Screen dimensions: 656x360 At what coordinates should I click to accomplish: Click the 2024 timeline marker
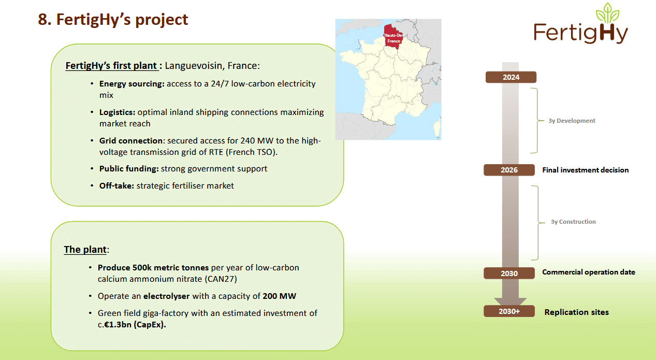(x=511, y=77)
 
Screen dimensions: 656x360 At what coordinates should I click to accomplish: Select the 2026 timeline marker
(x=509, y=170)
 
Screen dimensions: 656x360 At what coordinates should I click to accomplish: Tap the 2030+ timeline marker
(x=509, y=311)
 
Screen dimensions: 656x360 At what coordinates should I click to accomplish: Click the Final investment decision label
(x=586, y=170)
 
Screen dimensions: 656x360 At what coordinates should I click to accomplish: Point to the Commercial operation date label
(x=589, y=272)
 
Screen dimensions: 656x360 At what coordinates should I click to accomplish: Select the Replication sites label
(x=577, y=312)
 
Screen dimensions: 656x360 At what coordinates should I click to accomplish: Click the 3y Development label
(x=572, y=121)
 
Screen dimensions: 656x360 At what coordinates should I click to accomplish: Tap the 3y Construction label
(x=573, y=222)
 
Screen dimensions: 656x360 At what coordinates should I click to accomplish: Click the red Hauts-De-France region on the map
(x=393, y=37)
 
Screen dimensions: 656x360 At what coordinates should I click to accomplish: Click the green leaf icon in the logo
(x=608, y=13)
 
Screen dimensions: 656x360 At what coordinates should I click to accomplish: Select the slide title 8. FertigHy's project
(x=113, y=20)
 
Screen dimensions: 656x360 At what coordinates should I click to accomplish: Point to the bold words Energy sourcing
(x=132, y=84)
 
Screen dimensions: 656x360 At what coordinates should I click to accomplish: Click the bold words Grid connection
(x=131, y=140)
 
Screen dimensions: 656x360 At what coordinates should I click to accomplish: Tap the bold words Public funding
(x=129, y=169)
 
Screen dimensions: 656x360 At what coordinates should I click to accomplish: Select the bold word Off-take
(x=116, y=186)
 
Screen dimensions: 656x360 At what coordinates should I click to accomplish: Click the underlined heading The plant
(x=85, y=250)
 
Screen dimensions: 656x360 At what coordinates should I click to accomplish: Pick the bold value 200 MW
(x=280, y=296)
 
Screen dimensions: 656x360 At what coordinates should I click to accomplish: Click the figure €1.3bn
(x=118, y=325)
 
